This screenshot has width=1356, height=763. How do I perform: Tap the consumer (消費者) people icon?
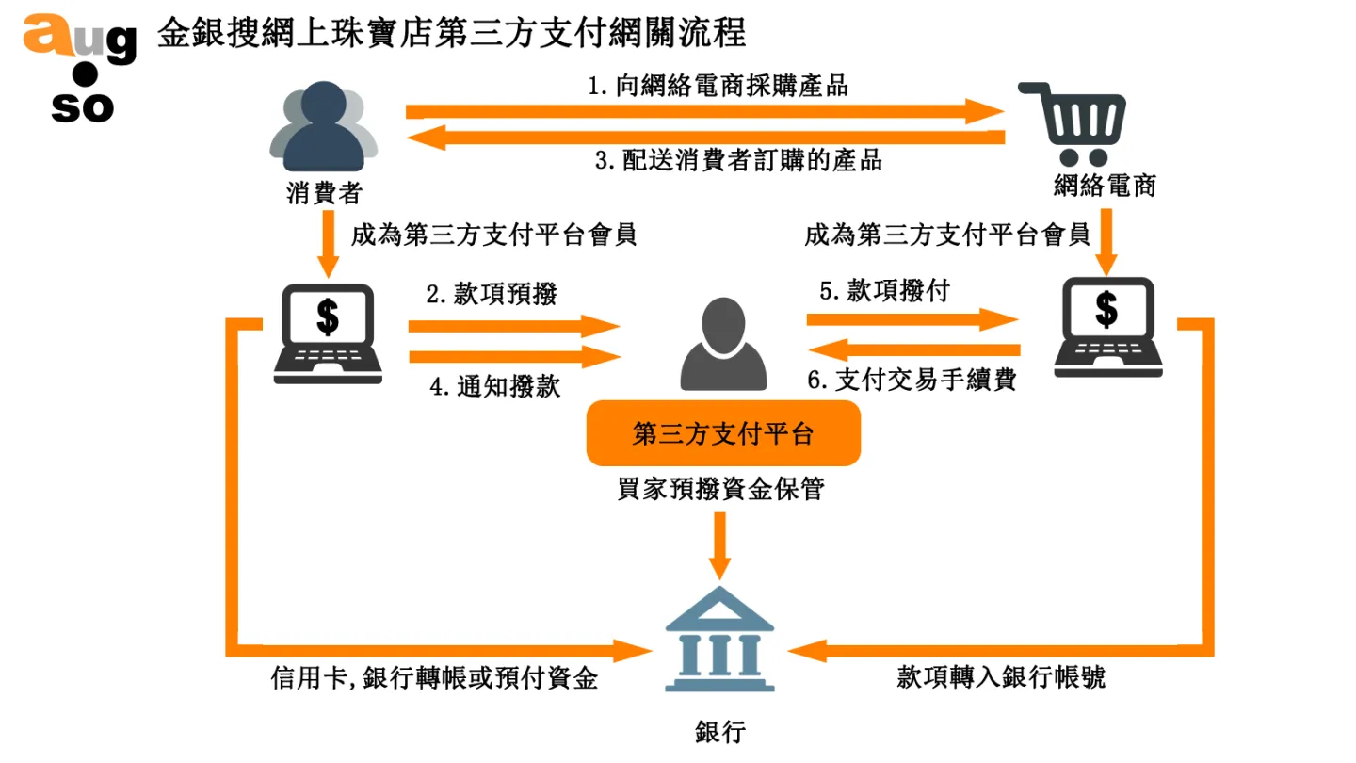pyautogui.click(x=323, y=126)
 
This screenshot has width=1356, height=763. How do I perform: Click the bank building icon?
pyautogui.click(x=719, y=640)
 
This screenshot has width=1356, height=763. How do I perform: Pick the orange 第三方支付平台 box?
pyautogui.click(x=723, y=433)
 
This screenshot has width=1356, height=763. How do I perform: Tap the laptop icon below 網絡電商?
pyautogui.click(x=1107, y=326)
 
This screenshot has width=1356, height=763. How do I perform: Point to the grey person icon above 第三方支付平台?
pyautogui.click(x=723, y=345)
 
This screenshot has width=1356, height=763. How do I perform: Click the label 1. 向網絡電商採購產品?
pyautogui.click(x=718, y=86)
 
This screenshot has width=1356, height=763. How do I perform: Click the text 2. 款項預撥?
pyautogui.click(x=492, y=294)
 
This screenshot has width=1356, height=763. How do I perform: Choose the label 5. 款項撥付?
pyautogui.click(x=884, y=291)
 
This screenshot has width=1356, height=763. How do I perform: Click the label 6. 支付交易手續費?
pyautogui.click(x=912, y=381)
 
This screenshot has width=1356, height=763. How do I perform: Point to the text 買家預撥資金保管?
pyautogui.click(x=720, y=490)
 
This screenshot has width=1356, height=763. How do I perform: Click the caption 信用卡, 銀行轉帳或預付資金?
pyautogui.click(x=434, y=677)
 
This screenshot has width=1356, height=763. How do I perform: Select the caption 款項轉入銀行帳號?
pyautogui.click(x=1000, y=677)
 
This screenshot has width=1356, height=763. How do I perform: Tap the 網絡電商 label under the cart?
pyautogui.click(x=1105, y=186)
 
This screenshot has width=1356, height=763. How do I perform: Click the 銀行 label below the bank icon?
pyautogui.click(x=719, y=733)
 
